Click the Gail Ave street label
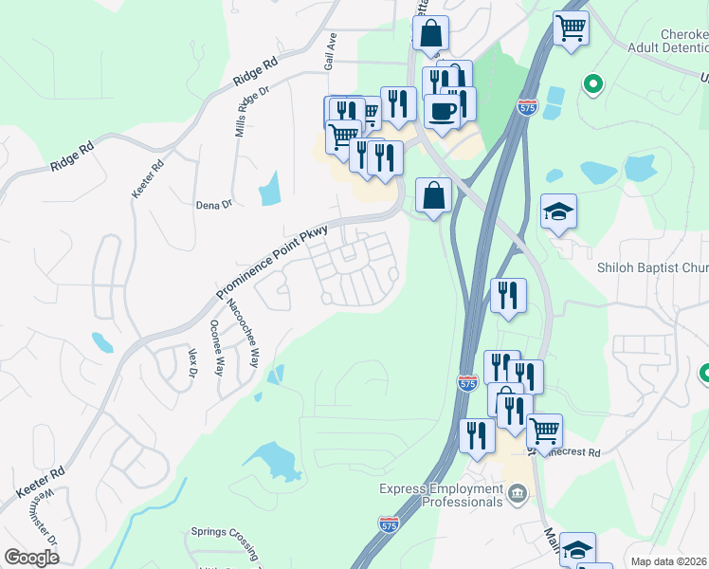[330, 52]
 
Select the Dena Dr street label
[213, 205]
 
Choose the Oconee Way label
[216, 346]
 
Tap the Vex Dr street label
[192, 362]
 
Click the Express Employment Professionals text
[441, 495]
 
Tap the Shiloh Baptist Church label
[653, 268]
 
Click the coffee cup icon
[442, 111]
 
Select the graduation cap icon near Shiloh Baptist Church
[558, 211]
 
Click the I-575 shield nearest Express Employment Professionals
[389, 523]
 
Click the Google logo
[31, 558]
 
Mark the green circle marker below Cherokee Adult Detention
[593, 84]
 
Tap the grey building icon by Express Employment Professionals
[518, 493]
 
